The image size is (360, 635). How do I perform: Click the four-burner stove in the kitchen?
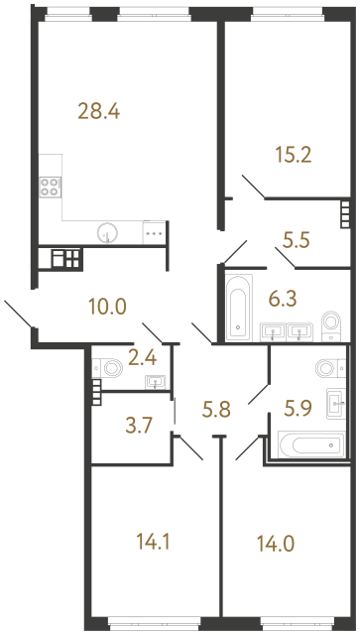50,188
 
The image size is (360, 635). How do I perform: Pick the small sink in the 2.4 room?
154,381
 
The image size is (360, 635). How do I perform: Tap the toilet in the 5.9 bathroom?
326,368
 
